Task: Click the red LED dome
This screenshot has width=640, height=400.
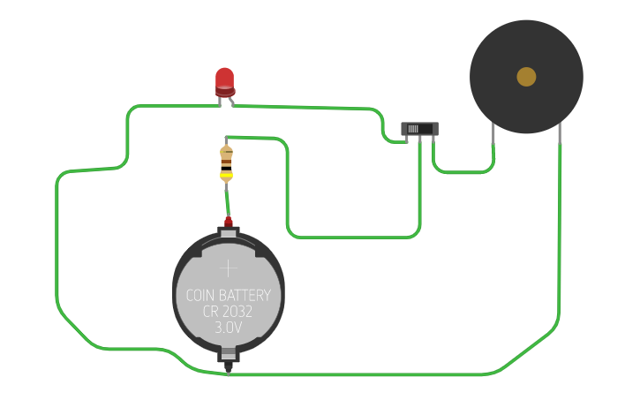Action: (x=225, y=79)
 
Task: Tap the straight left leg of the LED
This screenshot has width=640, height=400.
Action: (x=220, y=101)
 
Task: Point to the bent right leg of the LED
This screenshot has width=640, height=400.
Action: (x=231, y=101)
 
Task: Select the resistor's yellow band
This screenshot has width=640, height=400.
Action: (x=227, y=175)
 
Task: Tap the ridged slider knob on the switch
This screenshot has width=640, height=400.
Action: (x=413, y=129)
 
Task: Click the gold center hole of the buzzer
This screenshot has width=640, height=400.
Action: (x=526, y=77)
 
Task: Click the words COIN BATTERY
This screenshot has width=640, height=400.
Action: (x=228, y=295)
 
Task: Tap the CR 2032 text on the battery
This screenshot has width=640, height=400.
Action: (x=228, y=312)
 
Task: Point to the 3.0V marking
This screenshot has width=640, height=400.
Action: (x=228, y=328)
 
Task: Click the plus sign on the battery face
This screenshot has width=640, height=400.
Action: (x=228, y=268)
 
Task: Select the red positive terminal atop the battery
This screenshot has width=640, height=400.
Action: (x=228, y=222)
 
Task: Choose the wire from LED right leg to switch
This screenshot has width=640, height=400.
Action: (x=309, y=107)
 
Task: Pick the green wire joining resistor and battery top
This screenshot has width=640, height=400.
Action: (x=228, y=199)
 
